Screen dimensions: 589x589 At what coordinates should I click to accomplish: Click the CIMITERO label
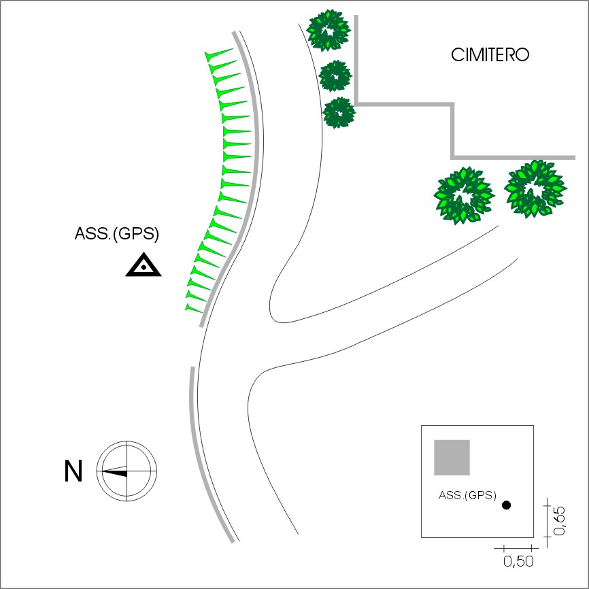[490, 55]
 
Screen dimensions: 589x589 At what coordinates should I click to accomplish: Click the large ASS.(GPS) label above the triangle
[116, 235]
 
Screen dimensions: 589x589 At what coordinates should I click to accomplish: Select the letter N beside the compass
[73, 471]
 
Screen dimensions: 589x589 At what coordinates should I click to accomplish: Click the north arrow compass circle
[127, 471]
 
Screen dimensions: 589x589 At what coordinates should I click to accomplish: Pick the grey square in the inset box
[452, 457]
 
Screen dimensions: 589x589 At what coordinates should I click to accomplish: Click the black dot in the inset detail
[506, 505]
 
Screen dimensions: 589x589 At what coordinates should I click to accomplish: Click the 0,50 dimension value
[518, 561]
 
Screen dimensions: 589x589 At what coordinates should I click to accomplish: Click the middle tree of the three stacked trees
[335, 75]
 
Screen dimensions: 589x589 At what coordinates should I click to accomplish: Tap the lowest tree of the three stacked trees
[339, 112]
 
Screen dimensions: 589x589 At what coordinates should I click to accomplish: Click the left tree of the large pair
[463, 195]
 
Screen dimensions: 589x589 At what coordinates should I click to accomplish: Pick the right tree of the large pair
[535, 188]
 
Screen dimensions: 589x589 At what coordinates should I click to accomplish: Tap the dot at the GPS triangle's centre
[144, 267]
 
